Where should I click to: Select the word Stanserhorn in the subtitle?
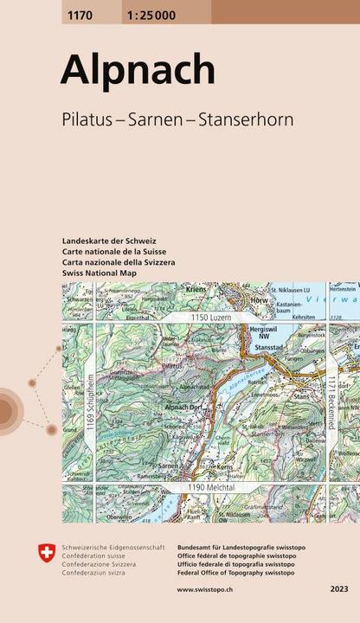click(x=247, y=119)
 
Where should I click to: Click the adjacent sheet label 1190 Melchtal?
click(x=196, y=488)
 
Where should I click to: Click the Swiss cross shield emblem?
click(x=45, y=551)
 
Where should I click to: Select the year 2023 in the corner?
click(x=339, y=589)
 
